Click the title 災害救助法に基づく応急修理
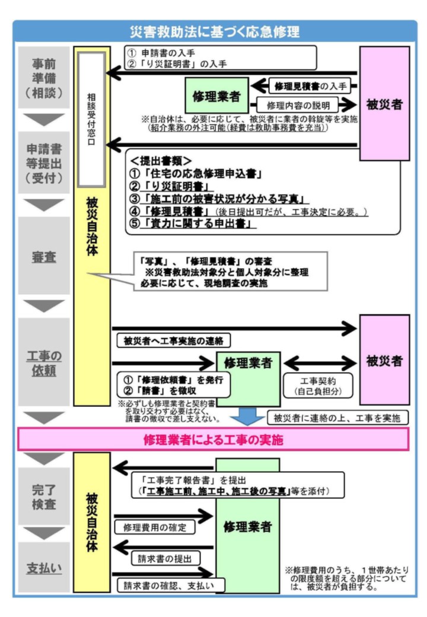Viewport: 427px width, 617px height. click(214, 31)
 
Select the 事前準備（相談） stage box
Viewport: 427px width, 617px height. click(43, 78)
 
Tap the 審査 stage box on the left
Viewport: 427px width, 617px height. click(43, 257)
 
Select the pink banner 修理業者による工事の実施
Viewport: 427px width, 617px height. click(213, 440)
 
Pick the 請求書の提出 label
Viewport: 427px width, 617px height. click(165, 558)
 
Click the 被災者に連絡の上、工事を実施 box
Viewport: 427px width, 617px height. click(337, 418)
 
